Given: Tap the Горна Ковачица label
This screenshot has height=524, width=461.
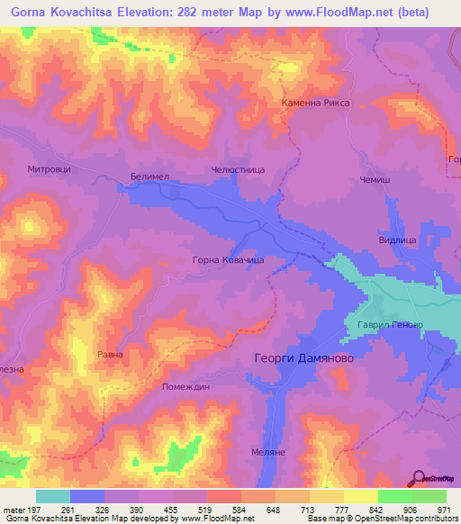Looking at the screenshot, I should (x=228, y=259).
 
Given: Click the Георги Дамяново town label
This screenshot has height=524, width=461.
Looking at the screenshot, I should (x=299, y=357).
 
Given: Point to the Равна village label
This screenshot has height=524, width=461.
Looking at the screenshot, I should (x=110, y=355).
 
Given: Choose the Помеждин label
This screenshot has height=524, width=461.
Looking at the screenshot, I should (x=185, y=386).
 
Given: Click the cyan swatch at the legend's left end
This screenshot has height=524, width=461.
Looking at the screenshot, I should (x=52, y=496).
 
